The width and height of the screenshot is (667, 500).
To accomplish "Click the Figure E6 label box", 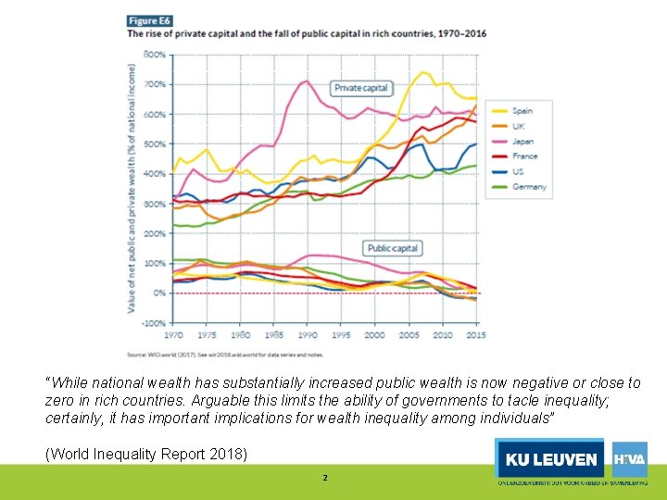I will tap(151, 20).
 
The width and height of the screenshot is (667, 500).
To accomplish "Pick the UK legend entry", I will tap(519, 126).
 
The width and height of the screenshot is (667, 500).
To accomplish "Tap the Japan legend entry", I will tap(522, 142).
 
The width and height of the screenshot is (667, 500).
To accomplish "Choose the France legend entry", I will tap(523, 156).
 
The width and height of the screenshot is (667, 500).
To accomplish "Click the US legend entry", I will tap(518, 171).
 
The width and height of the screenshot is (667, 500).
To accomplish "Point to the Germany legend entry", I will tap(528, 186).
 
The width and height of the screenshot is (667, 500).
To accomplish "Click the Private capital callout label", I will tap(361, 88).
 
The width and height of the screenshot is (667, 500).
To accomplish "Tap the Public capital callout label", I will tap(393, 248).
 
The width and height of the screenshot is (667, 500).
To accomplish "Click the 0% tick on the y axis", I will tap(159, 294).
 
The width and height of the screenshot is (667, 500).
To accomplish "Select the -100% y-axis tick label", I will tap(154, 323).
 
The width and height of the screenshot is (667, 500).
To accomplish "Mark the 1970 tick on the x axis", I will tap(173, 334).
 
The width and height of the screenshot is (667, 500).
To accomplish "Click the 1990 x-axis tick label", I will tap(307, 334).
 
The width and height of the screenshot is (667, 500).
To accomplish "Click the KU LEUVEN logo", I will tap(551, 459).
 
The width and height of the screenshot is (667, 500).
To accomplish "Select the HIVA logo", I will tap(630, 458).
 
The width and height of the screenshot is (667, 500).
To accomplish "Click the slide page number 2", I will tap(324, 478).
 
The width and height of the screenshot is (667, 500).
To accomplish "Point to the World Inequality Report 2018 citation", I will tap(146, 454).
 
